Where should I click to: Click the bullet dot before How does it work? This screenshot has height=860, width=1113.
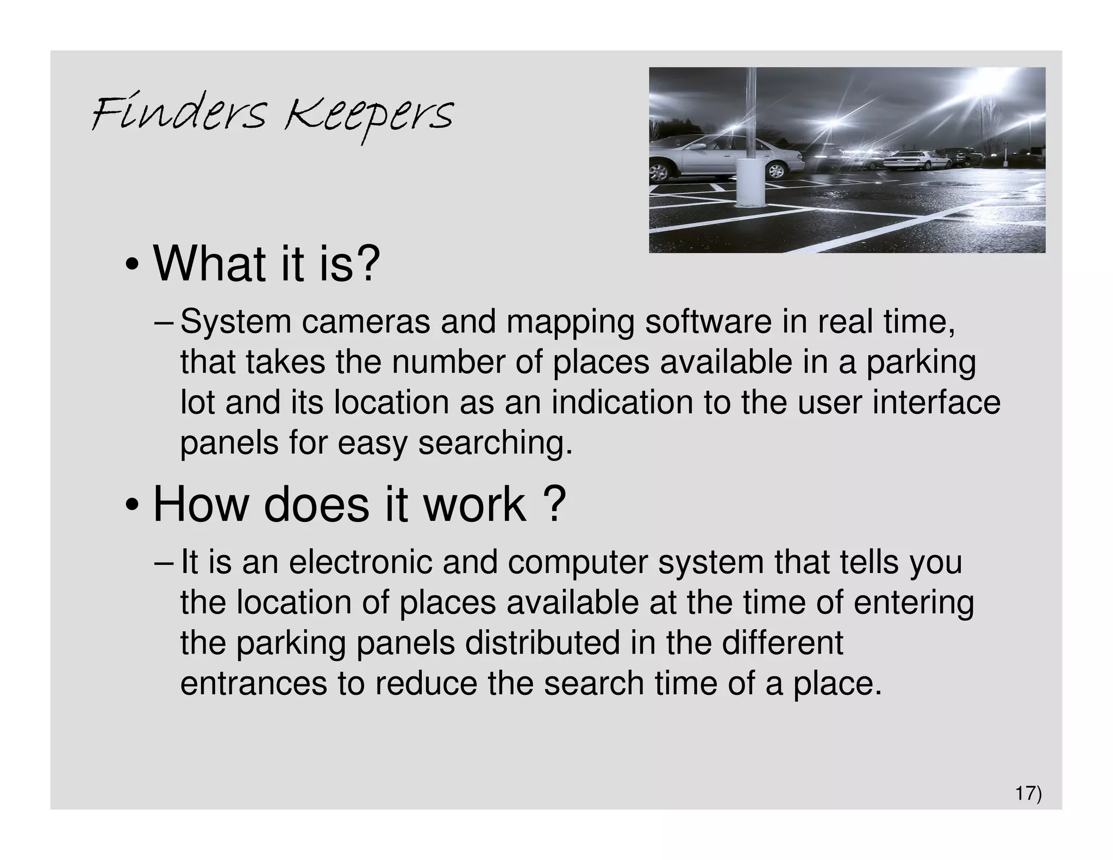132,506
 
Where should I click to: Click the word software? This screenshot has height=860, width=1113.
708,321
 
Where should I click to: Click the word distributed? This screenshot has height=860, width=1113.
542,643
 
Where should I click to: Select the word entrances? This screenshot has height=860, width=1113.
254,683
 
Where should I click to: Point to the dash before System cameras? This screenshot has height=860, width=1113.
164,322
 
